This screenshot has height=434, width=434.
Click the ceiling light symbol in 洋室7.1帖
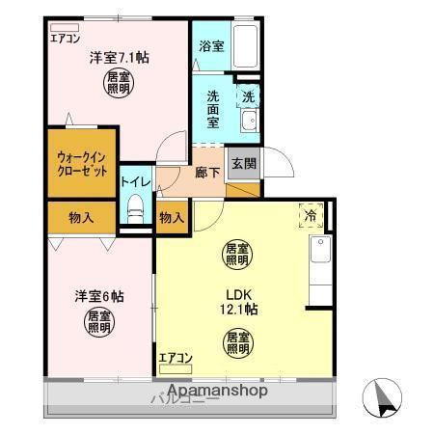coord(120,82)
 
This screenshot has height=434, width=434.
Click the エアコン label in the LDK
coord(176,359)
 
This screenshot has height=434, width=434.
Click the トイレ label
coord(134,180)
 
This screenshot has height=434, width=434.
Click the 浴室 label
coord(211,45)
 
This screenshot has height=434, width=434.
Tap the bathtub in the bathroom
coord(248,45)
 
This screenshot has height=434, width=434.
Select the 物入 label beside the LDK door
coord(172,217)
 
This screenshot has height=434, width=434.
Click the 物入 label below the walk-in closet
coord(81,217)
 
